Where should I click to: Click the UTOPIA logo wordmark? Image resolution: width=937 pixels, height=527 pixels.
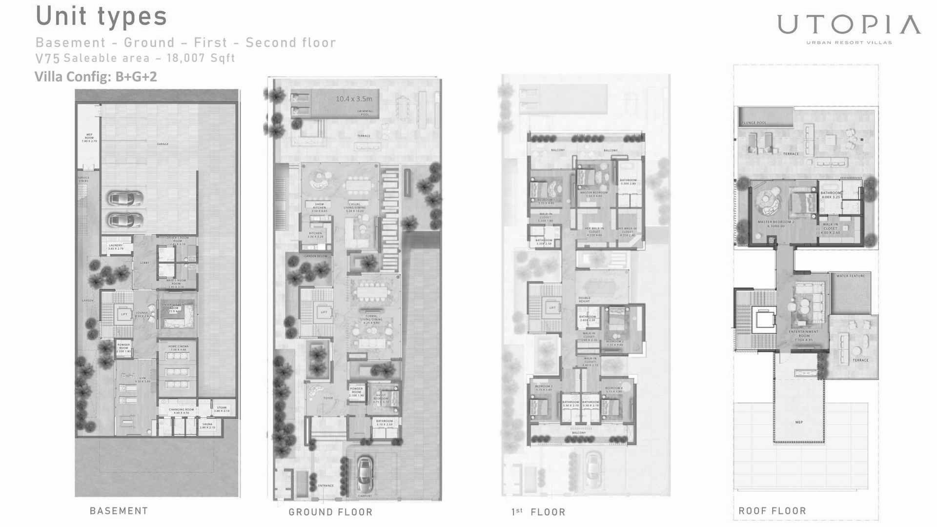(849, 24)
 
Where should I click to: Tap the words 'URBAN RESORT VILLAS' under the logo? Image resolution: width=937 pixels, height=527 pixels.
(849, 42)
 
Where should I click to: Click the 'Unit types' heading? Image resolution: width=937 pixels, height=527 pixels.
(102, 16)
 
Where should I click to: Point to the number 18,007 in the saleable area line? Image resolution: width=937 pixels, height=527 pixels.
(185, 58)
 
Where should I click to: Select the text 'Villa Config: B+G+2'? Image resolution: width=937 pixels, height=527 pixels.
(96, 77)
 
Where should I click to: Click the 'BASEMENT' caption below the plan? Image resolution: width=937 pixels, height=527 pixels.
(119, 511)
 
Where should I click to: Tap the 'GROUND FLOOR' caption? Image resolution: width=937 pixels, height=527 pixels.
(330, 512)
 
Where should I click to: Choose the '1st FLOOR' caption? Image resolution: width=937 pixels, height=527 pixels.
(538, 512)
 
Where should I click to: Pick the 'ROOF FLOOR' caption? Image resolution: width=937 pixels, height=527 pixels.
(772, 511)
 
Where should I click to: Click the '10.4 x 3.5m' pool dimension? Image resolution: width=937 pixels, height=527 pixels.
(354, 99)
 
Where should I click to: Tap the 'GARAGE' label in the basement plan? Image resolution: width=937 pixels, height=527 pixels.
(163, 144)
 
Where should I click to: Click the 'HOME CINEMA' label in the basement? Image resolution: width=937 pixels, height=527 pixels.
(178, 346)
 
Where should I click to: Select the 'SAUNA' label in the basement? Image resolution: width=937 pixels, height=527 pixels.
(207, 424)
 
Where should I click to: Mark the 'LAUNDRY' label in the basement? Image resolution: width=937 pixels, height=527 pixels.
(116, 245)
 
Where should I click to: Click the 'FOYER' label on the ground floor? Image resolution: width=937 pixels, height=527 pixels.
(328, 398)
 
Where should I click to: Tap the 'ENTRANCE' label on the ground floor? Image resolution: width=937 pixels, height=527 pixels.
(326, 486)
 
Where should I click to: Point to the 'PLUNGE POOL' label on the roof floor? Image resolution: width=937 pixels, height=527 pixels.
(754, 123)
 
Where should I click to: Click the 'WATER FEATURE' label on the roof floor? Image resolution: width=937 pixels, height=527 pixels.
(851, 276)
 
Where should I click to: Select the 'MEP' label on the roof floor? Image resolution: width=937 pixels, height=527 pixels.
(799, 422)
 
